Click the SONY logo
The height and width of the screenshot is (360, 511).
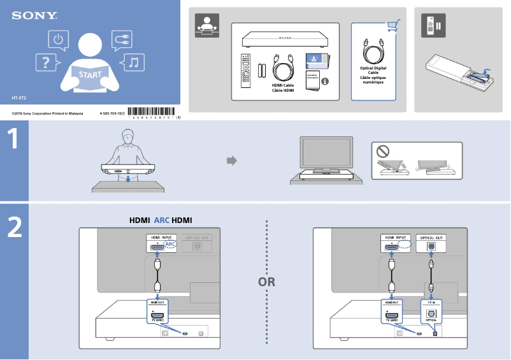(x=34, y=15)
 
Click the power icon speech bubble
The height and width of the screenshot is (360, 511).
(x=59, y=40)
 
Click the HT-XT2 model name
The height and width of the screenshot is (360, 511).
(x=18, y=98)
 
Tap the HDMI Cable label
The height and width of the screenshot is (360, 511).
(x=283, y=87)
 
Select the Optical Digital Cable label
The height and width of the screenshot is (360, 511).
(x=373, y=75)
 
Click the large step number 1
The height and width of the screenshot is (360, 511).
(x=14, y=140)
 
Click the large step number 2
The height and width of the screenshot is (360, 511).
(x=14, y=227)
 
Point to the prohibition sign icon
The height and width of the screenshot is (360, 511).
(x=382, y=152)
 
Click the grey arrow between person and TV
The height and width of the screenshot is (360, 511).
(x=232, y=161)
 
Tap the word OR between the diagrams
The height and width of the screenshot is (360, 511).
(x=267, y=282)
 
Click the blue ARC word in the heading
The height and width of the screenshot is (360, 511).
(x=161, y=220)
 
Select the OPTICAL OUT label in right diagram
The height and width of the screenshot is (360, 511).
(x=431, y=238)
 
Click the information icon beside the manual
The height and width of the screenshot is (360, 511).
(x=325, y=82)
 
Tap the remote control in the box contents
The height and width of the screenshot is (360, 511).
(x=245, y=71)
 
